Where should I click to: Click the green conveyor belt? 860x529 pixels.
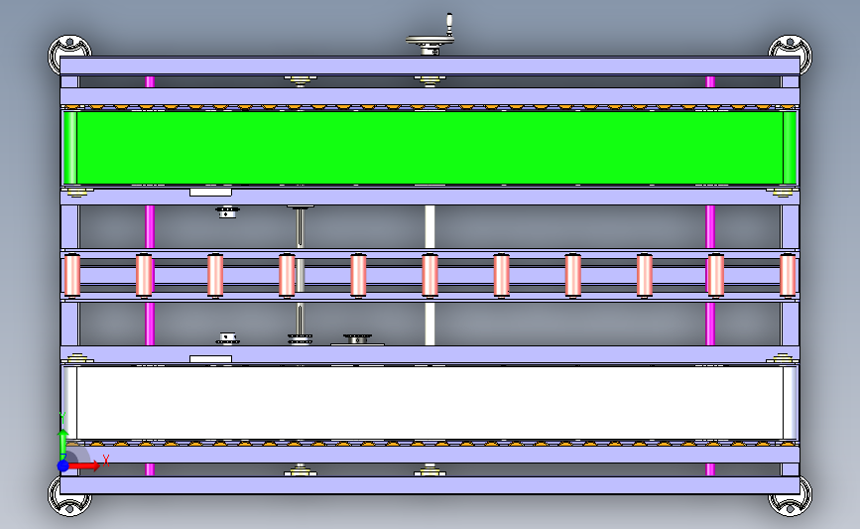coord(430,148)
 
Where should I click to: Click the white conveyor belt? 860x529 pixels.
coord(430,403)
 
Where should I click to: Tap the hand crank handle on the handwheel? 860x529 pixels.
coord(449,24)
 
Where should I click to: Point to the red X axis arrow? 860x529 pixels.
coord(83,465)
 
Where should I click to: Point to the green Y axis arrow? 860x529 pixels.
coord(63,444)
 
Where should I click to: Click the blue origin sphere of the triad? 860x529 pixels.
coord(63,465)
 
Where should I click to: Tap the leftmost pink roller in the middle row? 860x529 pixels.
coord(72,275)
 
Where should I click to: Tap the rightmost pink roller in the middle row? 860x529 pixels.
coord(788,275)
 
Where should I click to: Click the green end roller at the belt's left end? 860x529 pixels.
coord(70,148)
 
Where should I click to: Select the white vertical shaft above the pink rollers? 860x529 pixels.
coord(430,227)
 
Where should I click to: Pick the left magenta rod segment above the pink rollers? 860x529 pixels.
coord(150,227)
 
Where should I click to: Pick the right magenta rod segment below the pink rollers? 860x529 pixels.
coord(710,324)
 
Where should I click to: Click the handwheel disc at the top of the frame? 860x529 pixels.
coord(430,40)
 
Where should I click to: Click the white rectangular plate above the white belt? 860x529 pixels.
coord(210,359)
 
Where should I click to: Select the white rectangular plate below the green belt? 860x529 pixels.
coord(210,193)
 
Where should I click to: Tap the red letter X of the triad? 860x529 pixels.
coord(106,460)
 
